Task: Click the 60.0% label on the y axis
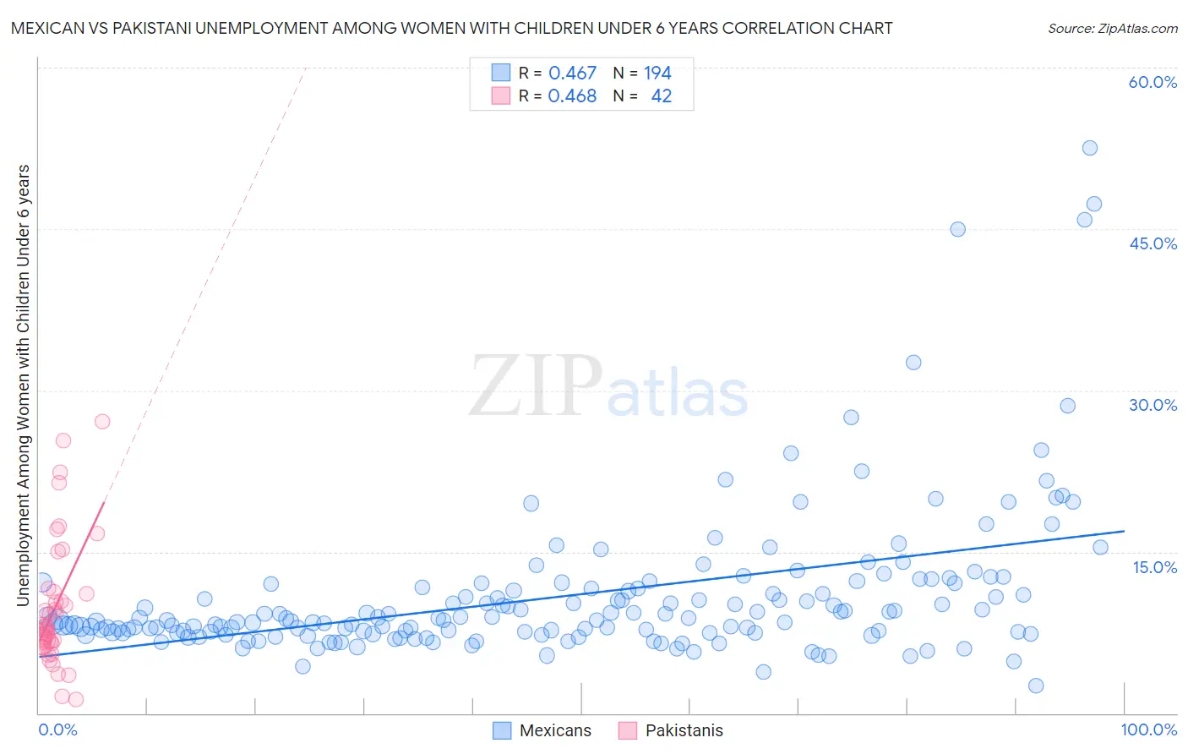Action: [x=1153, y=82]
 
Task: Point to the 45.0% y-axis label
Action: [x=1153, y=243]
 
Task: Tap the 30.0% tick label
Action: [x=1153, y=405]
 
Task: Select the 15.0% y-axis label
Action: [x=1154, y=566]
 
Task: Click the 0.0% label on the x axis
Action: [x=57, y=729]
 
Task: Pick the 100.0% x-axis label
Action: [x=1148, y=729]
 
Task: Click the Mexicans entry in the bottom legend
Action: [x=555, y=730]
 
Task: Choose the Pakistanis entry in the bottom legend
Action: [x=684, y=730]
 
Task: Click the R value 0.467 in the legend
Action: [x=572, y=73]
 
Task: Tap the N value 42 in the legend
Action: [x=662, y=96]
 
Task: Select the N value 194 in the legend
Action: [x=657, y=73]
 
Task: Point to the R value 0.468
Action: [x=572, y=96]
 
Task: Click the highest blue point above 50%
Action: [x=1090, y=148]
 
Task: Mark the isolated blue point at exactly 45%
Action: [x=957, y=229]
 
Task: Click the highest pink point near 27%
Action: [x=102, y=421]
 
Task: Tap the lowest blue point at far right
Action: [x=1036, y=686]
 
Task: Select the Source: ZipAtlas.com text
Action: [x=1112, y=28]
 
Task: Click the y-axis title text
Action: [x=24, y=385]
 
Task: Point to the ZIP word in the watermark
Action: [x=536, y=385]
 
